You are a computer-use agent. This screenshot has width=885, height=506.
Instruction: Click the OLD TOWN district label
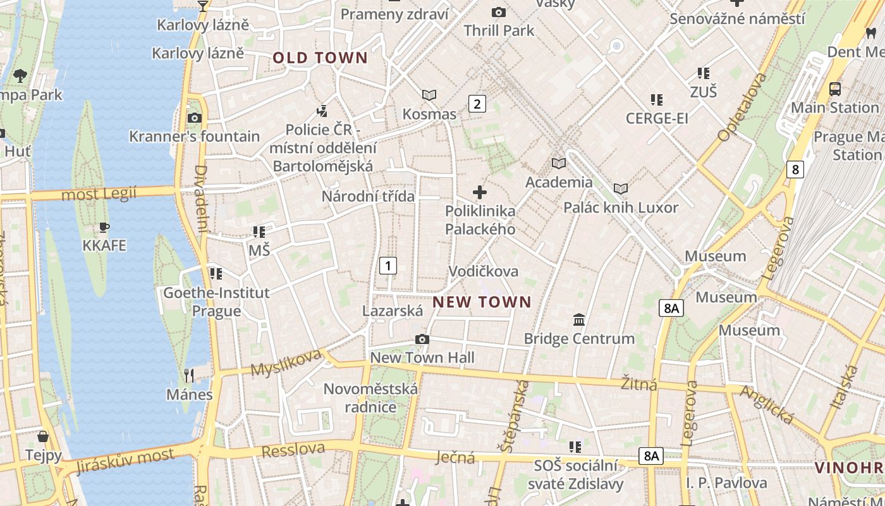[x=320, y=58]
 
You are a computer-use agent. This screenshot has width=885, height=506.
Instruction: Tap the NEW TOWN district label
[x=482, y=302]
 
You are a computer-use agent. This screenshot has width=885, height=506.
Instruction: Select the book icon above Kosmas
[x=429, y=95]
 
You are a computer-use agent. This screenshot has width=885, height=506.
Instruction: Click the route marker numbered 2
[x=477, y=104]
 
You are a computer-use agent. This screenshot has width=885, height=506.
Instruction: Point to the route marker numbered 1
[x=388, y=266]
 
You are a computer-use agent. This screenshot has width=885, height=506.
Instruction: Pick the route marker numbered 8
[x=795, y=170]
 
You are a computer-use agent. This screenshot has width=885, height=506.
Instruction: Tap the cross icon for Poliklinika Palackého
[x=480, y=192]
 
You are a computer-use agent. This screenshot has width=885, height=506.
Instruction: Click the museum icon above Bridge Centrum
[x=579, y=319]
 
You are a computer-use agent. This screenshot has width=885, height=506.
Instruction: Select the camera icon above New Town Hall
[x=422, y=340]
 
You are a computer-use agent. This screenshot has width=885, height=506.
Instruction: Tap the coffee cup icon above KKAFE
[x=104, y=227]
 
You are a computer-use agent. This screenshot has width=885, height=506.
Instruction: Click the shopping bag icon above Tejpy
[x=43, y=436]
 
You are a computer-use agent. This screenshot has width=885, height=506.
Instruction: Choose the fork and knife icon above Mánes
[x=189, y=376]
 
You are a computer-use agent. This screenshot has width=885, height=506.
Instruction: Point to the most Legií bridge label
[x=99, y=194]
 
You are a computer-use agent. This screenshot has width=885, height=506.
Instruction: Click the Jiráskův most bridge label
[x=125, y=461]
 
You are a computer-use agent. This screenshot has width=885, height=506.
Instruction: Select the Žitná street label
[x=638, y=383]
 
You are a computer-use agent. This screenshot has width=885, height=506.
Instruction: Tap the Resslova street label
[x=293, y=450]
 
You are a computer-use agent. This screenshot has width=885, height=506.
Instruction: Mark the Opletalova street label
[x=742, y=107]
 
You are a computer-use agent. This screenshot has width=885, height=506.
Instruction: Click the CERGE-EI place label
[x=657, y=118]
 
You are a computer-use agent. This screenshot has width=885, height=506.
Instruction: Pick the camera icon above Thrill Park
[x=498, y=12]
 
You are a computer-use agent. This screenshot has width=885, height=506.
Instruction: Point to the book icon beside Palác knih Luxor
[x=621, y=188]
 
